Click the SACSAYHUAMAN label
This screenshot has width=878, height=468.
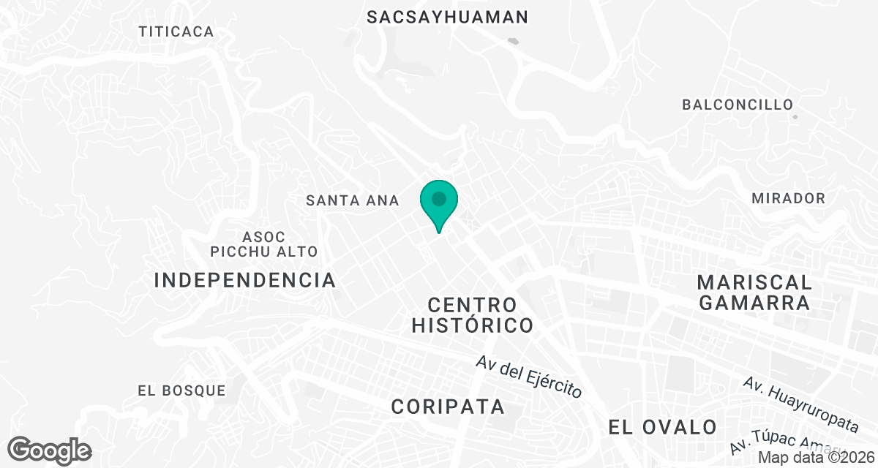pos(447,17)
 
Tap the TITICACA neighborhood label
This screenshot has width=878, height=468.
pos(177,31)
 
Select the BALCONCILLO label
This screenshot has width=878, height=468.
pos(738,105)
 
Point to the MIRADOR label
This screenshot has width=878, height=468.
pos(788,198)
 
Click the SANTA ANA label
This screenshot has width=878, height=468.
pos(353,200)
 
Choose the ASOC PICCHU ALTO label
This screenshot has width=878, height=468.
pos(264,244)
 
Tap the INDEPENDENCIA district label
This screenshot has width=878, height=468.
pos(245,280)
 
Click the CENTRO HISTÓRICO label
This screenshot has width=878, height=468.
pos(472,314)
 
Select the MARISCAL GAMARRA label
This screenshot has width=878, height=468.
pos(754,292)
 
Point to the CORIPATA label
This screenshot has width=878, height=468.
pos(448,407)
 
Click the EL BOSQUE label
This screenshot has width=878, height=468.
pos(181,390)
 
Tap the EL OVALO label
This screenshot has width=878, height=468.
pos(662,426)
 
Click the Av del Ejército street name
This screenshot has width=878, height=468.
pos(528,377)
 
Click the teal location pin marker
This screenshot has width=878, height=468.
pos(438,204)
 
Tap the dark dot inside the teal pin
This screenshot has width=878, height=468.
pos(438,198)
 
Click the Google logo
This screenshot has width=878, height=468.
pos(49,450)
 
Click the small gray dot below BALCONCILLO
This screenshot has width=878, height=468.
pos(795,116)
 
